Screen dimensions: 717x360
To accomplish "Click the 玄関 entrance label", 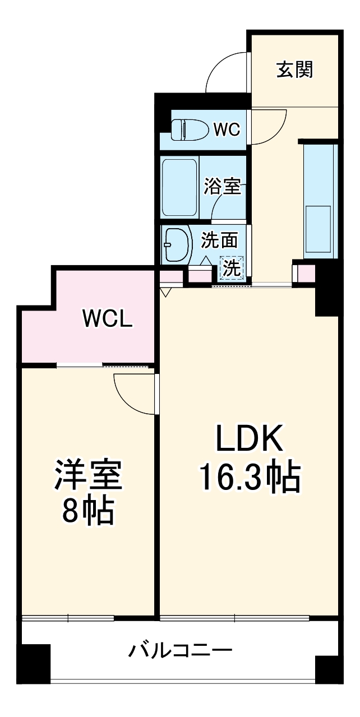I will pyautogui.click(x=294, y=70).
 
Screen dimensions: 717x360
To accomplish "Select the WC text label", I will pyautogui.click(x=227, y=130).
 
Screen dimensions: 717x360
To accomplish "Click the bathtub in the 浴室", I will pyautogui.click(x=179, y=187).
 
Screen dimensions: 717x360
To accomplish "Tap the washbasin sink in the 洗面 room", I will pyautogui.click(x=176, y=244).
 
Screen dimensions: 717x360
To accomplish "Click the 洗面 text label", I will pyautogui.click(x=219, y=240).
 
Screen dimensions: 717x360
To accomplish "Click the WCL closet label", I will pyautogui.click(x=107, y=319).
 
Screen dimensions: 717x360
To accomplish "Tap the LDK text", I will pyautogui.click(x=249, y=440).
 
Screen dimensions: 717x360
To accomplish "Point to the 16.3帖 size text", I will pyautogui.click(x=250, y=477).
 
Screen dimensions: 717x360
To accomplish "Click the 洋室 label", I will pyautogui.click(x=87, y=477).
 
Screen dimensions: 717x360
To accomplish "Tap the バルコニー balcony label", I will pyautogui.click(x=181, y=651).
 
